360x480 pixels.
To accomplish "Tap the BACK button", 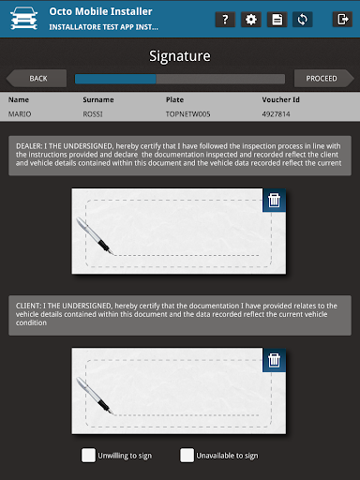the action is pyautogui.click(x=37, y=78).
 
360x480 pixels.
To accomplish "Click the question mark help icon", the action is pyautogui.click(x=225, y=20).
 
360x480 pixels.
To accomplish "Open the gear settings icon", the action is pyautogui.click(x=251, y=20).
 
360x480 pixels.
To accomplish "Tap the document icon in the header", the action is pyautogui.click(x=277, y=20).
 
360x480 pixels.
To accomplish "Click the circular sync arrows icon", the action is pyautogui.click(x=303, y=20).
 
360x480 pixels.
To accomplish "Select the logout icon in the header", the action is pyautogui.click(x=342, y=20).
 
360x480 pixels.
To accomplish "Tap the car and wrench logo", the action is pyautogui.click(x=23, y=19).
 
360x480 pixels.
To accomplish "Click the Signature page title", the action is pyautogui.click(x=180, y=56).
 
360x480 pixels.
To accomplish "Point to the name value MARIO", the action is pyautogui.click(x=20, y=114).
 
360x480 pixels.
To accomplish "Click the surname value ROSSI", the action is pyautogui.click(x=93, y=114).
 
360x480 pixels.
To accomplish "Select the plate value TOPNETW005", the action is pyautogui.click(x=187, y=114).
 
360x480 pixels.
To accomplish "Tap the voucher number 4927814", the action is pyautogui.click(x=276, y=114).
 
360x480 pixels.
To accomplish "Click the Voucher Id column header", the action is pyautogui.click(x=280, y=99).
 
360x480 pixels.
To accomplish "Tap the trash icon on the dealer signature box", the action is pyautogui.click(x=274, y=200).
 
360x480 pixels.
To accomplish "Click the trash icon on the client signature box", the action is pyautogui.click(x=274, y=360).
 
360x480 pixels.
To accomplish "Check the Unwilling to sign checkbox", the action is pyautogui.click(x=88, y=456).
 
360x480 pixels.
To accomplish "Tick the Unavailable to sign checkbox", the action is pyautogui.click(x=187, y=456).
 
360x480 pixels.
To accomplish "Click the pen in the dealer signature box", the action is pyautogui.click(x=95, y=236).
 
